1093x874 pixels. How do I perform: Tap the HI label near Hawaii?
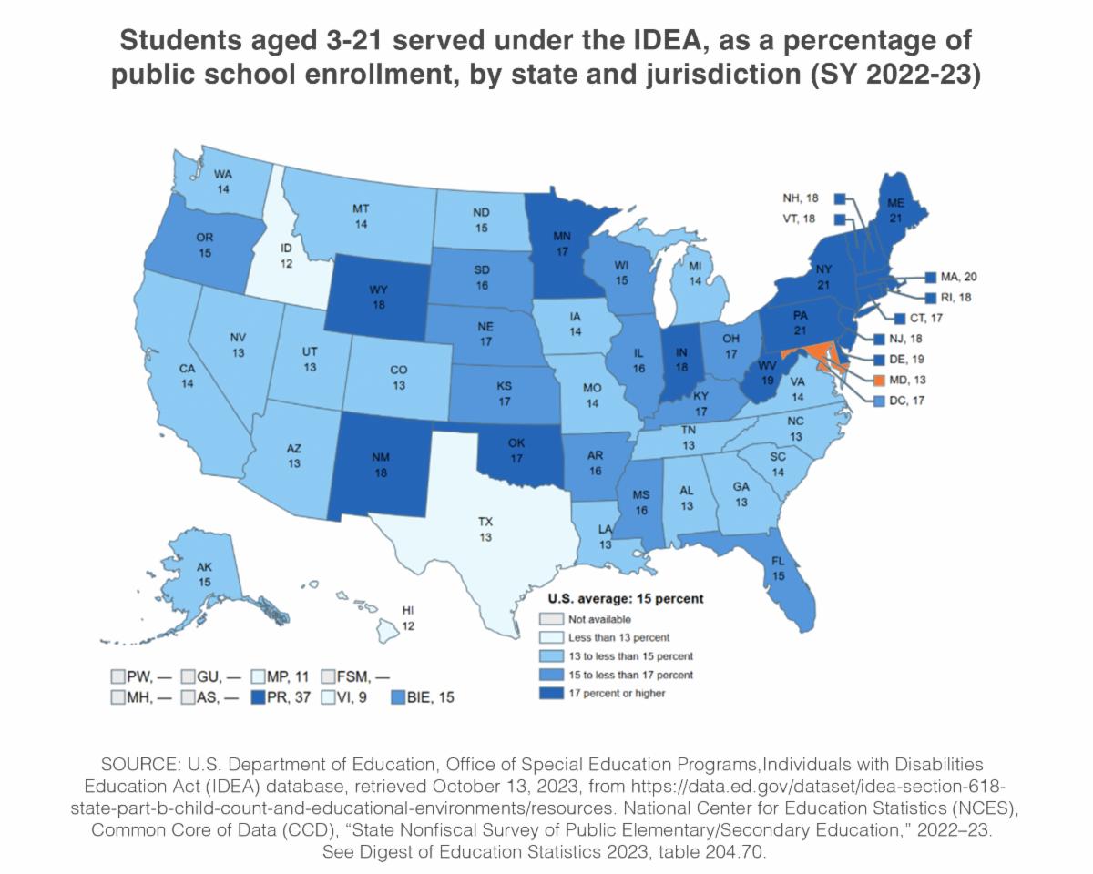pyautogui.click(x=409, y=610)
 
